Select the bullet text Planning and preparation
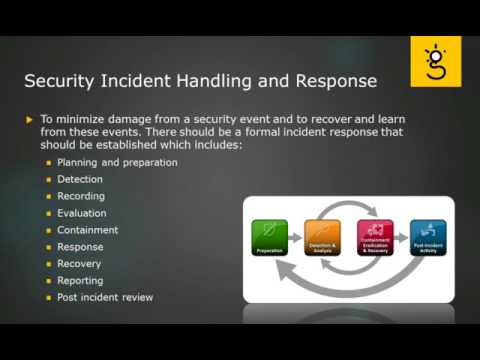pyautogui.click(x=117, y=162)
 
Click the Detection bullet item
pyautogui.click(x=80, y=179)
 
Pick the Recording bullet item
pyautogui.click(x=81, y=196)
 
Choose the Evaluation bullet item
pyautogui.click(x=82, y=213)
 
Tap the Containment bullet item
pyautogui.click(x=88, y=230)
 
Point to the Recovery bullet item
pyautogui.click(x=80, y=264)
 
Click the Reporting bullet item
pyautogui.click(x=80, y=281)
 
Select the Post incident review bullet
pyautogui.click(x=105, y=298)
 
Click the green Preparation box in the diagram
pyautogui.click(x=269, y=238)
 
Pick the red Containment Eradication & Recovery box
pyautogui.click(x=375, y=238)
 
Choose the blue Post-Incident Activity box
pyautogui.click(x=428, y=238)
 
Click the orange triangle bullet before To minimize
pyautogui.click(x=29, y=120)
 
